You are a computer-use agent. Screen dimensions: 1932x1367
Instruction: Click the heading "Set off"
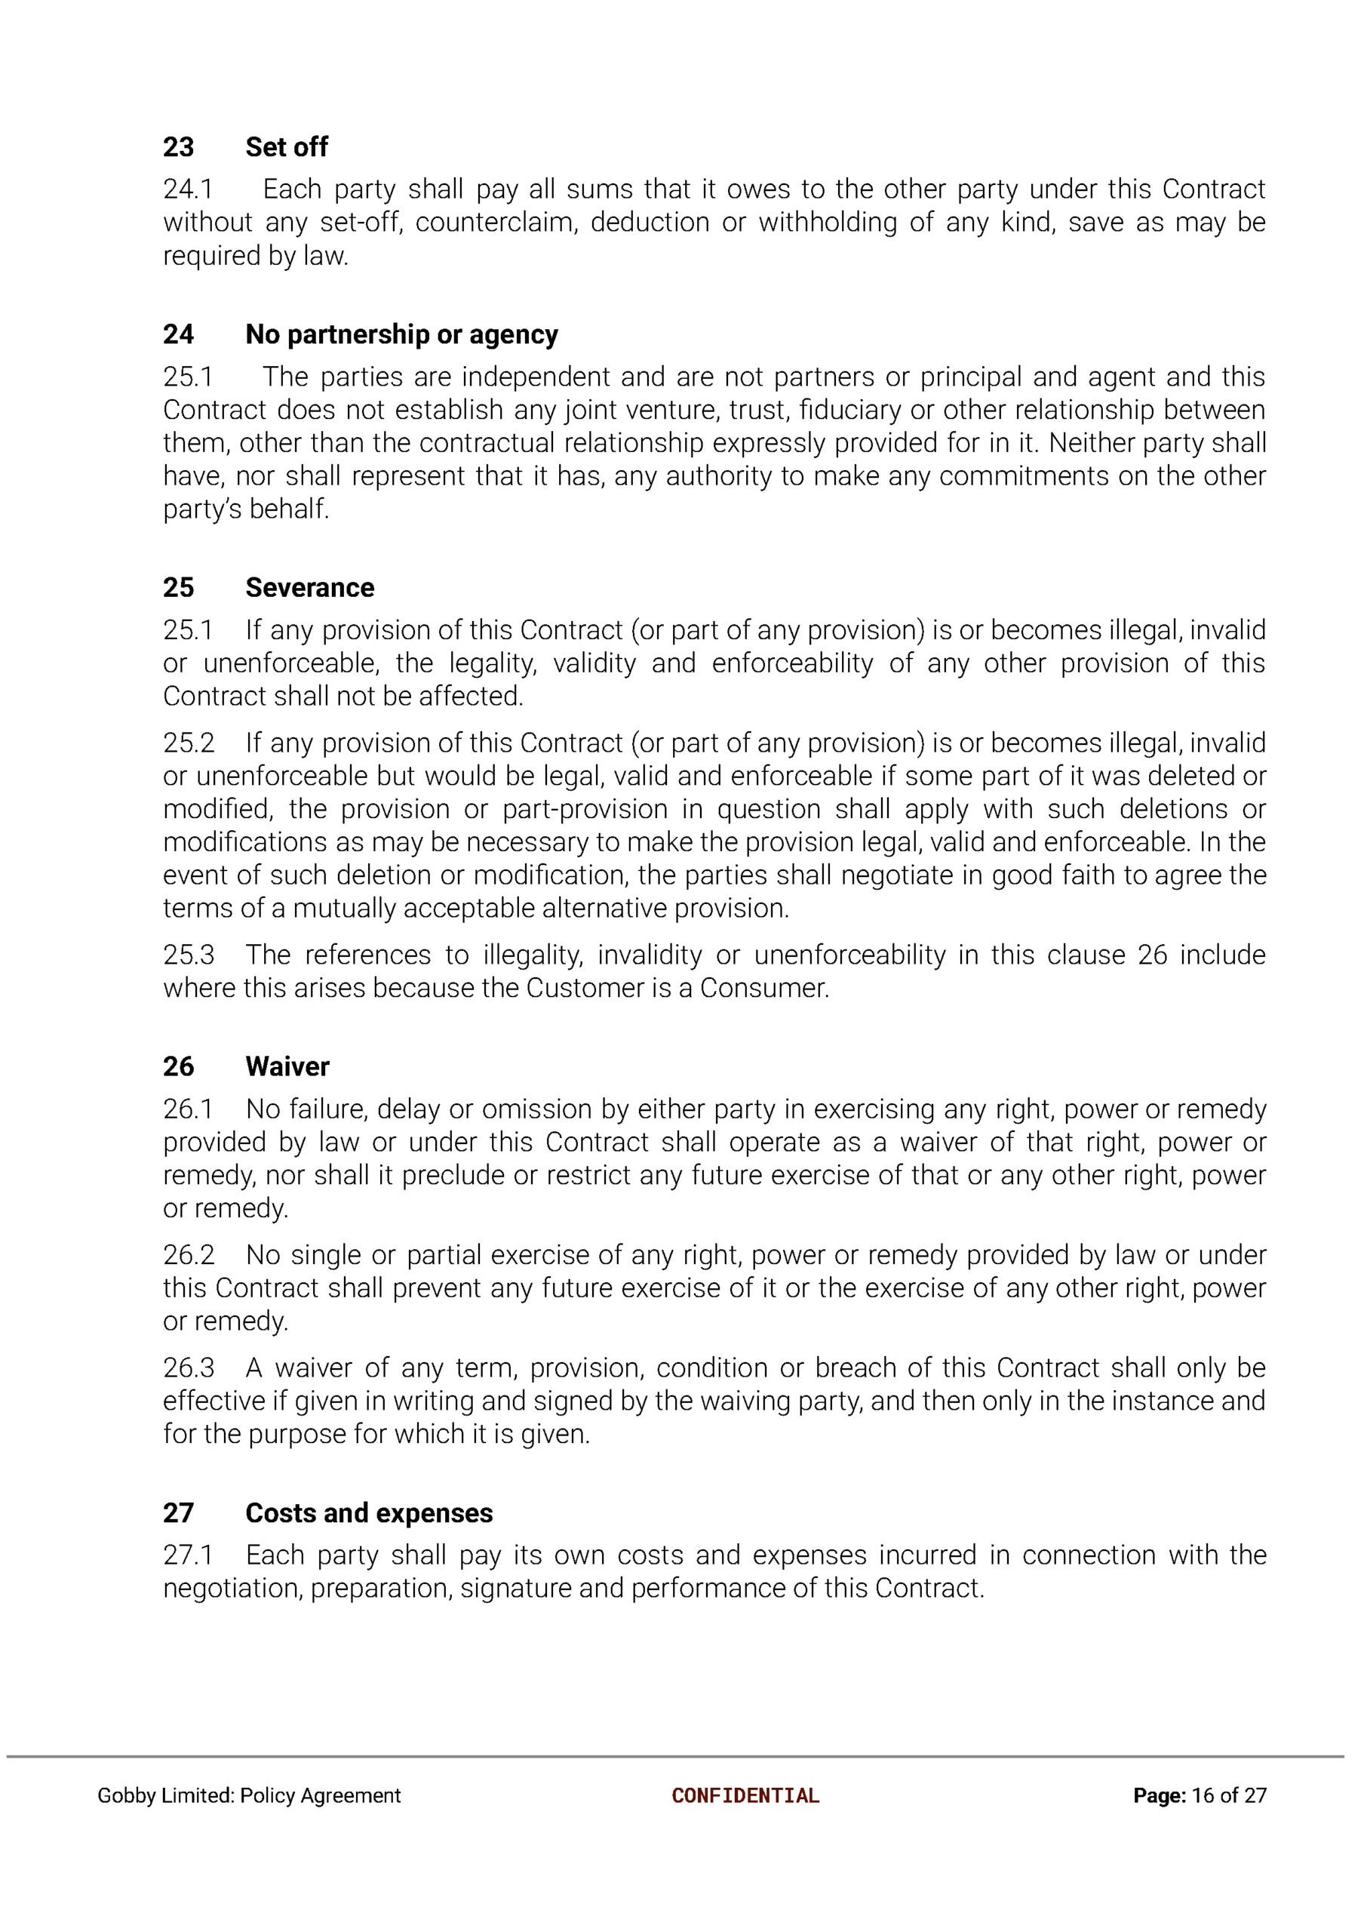click(x=286, y=147)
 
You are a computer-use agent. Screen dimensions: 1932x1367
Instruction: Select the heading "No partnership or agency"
click(x=401, y=335)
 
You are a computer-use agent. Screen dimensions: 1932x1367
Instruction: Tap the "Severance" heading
click(x=310, y=588)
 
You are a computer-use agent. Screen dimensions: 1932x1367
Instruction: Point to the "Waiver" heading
click(x=287, y=1066)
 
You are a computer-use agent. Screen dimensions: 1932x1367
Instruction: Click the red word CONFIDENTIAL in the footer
click(x=745, y=1795)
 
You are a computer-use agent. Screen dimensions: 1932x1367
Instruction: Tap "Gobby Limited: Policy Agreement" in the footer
click(x=249, y=1795)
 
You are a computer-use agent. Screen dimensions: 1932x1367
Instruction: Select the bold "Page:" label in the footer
click(x=1159, y=1795)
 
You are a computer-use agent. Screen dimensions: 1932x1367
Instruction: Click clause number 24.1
click(x=188, y=189)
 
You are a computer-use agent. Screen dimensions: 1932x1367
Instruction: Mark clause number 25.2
click(x=189, y=743)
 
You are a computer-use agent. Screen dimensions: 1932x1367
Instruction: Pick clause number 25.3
click(x=189, y=955)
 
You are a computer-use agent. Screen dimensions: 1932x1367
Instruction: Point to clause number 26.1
click(x=188, y=1109)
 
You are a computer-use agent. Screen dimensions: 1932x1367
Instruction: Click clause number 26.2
click(x=189, y=1255)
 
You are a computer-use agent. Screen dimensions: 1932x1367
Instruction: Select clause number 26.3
click(x=189, y=1368)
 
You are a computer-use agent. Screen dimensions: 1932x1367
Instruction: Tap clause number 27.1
click(x=188, y=1555)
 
